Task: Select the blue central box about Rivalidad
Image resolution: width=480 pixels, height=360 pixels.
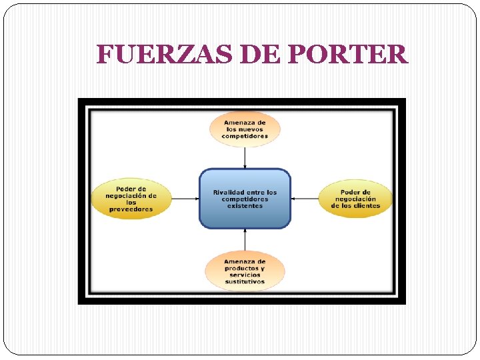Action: pyautogui.click(x=245, y=199)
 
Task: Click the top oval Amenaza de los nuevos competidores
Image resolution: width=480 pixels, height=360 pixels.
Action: pyautogui.click(x=245, y=129)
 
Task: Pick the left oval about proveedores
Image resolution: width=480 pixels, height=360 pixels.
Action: pyautogui.click(x=131, y=198)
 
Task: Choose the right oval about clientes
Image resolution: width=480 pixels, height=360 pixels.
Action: pyautogui.click(x=355, y=198)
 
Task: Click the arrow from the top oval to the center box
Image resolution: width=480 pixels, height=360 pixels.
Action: pyautogui.click(x=245, y=157)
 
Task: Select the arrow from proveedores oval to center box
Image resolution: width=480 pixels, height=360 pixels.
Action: pyautogui.click(x=185, y=198)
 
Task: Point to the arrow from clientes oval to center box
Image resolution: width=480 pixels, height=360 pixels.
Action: pyautogui.click(x=305, y=198)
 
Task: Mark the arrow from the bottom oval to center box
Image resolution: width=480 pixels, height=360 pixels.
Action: pyautogui.click(x=245, y=239)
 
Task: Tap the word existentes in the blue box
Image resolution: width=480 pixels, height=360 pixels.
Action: pyautogui.click(x=245, y=206)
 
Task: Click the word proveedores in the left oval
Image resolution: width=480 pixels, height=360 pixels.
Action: pyautogui.click(x=131, y=209)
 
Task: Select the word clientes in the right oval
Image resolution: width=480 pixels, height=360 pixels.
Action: pyautogui.click(x=367, y=205)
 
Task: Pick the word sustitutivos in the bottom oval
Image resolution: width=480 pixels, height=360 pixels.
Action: pyautogui.click(x=245, y=282)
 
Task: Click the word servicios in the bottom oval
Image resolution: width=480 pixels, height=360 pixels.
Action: pyautogui.click(x=245, y=275)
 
